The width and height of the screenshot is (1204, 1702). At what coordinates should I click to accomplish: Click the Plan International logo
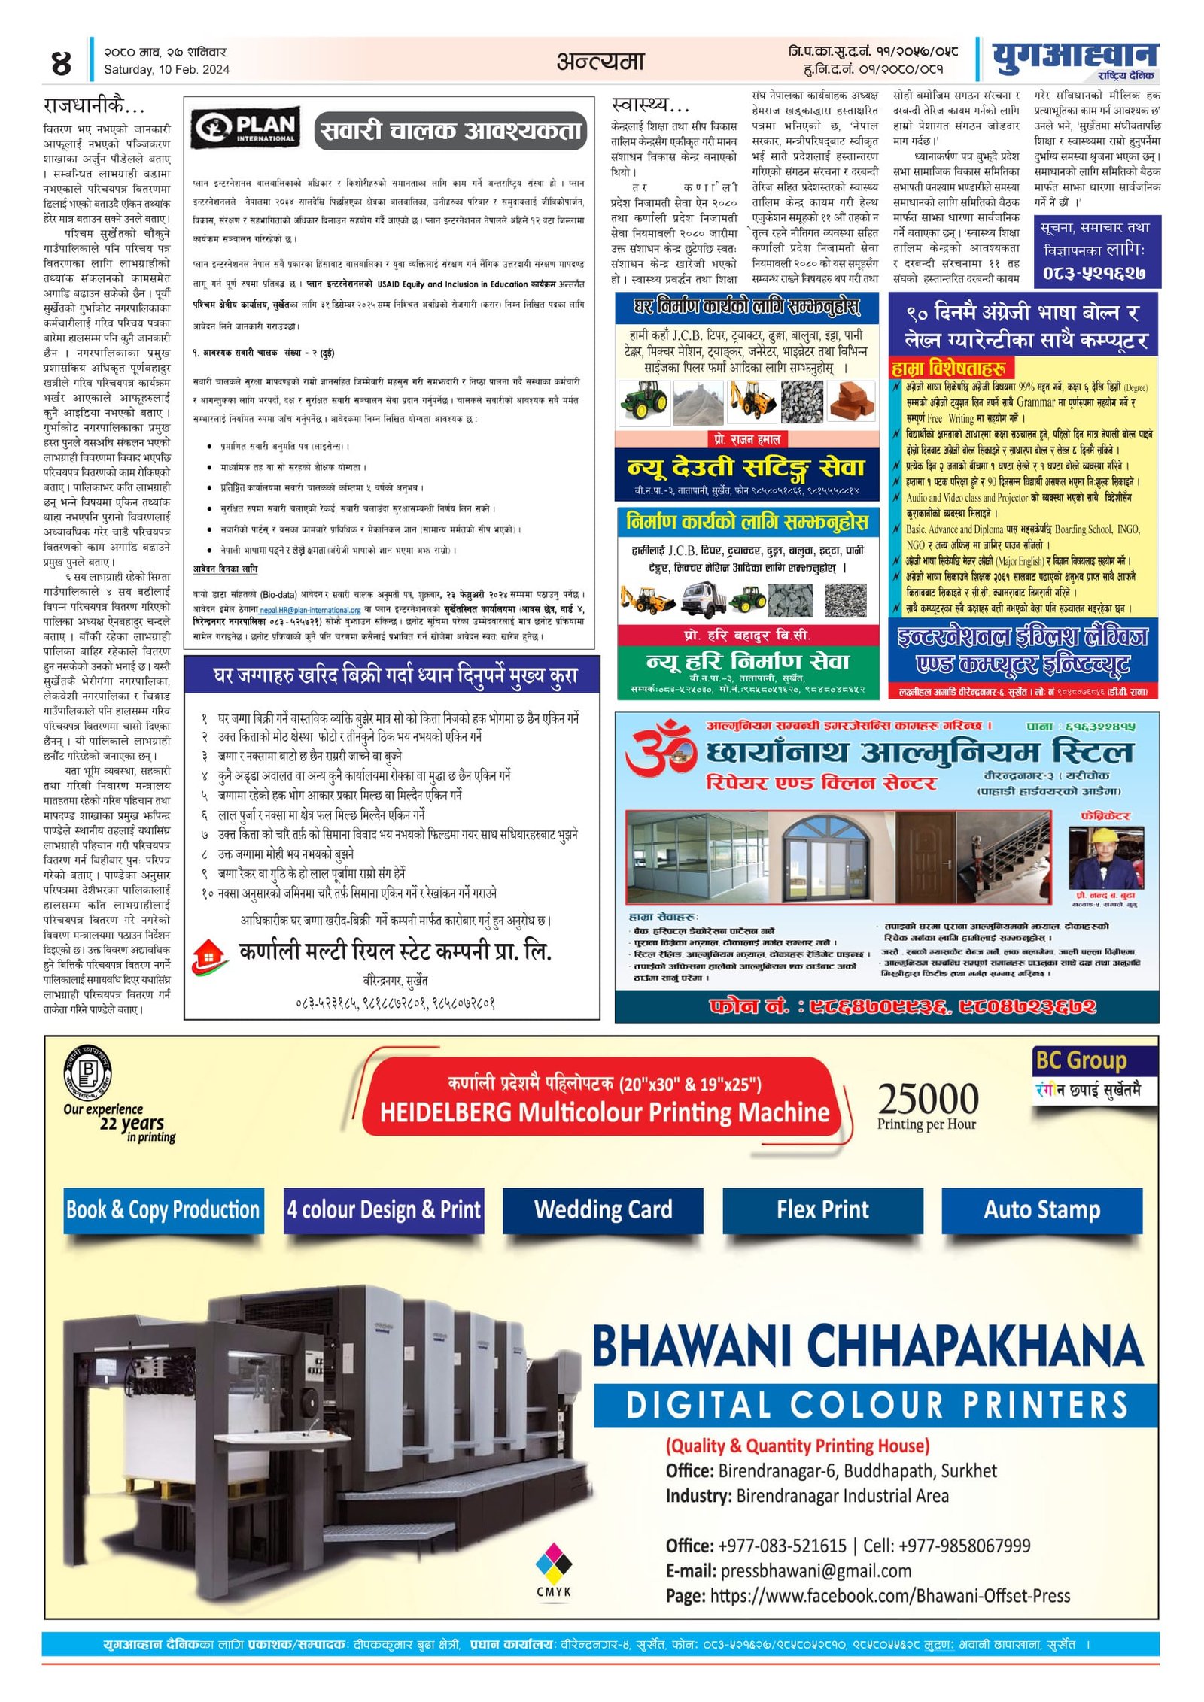[x=244, y=129]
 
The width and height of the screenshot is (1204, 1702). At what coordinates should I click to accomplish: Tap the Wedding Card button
[x=603, y=1209]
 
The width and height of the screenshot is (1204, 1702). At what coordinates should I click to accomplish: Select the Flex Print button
[x=822, y=1209]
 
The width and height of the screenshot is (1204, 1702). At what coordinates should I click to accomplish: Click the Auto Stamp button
[x=1041, y=1209]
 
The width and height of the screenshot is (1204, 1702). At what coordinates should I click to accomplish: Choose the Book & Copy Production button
[x=163, y=1209]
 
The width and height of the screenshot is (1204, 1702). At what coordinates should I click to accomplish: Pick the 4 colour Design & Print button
[x=384, y=1209]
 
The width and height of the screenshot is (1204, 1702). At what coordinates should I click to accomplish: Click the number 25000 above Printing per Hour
[x=928, y=1099]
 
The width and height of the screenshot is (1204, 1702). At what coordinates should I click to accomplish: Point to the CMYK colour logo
[x=553, y=1568]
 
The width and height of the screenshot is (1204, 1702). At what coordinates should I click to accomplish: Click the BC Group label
[x=1081, y=1060]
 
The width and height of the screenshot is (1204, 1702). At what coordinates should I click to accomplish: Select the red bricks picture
[x=853, y=401]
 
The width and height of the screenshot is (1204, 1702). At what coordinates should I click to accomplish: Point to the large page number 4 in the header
[x=61, y=63]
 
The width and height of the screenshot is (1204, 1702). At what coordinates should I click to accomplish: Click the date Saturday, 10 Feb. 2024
[x=166, y=70]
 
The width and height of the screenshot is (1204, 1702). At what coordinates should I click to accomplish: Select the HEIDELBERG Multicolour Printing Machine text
[x=604, y=1112]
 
